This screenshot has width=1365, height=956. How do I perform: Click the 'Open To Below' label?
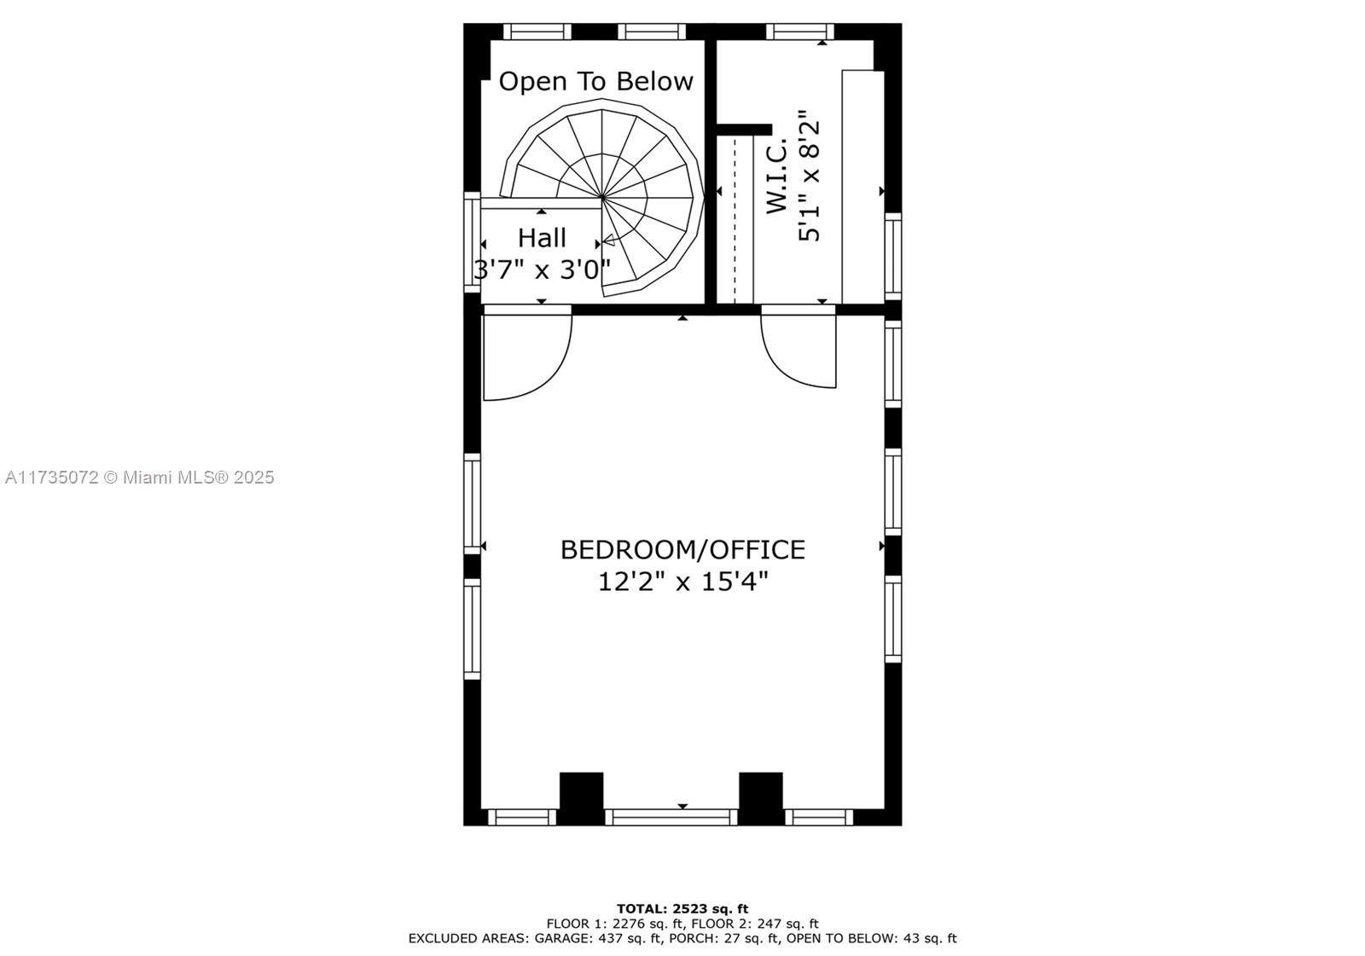pos(595,82)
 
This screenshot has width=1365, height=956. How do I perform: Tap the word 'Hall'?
pos(542,237)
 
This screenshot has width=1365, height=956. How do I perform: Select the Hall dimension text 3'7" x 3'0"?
pos(542,269)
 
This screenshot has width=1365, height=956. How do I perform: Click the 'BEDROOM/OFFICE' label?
pos(682,549)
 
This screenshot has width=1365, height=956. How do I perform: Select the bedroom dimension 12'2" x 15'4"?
pos(682,582)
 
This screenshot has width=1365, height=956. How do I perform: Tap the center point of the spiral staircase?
pos(602,198)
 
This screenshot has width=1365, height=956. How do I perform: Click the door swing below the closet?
pos(798,350)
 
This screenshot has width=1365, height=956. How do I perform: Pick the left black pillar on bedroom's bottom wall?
pos(581,797)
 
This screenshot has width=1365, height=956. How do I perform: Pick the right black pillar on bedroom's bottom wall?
pos(760,797)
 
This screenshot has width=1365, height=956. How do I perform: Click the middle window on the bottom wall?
pos(671,817)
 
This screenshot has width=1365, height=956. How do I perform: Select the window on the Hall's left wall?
pos(472,242)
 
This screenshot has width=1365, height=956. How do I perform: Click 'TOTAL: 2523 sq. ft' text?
pos(682,908)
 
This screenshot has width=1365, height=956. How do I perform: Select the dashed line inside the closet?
pos(735,217)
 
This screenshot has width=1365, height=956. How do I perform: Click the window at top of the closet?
pos(799,32)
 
